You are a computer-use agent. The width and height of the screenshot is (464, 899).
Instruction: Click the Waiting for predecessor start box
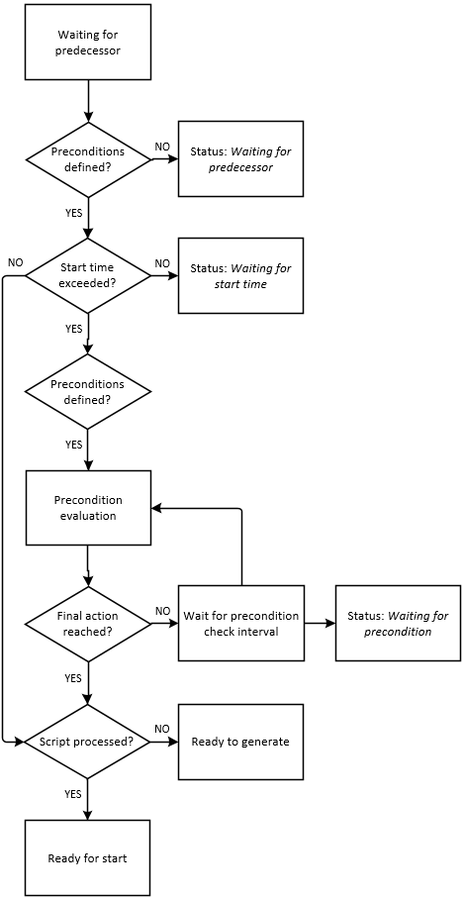click(x=88, y=43)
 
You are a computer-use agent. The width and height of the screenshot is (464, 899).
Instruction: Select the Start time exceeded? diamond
click(x=88, y=276)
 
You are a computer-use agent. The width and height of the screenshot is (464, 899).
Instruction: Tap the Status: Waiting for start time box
click(x=240, y=276)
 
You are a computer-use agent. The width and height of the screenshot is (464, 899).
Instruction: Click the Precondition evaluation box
click(x=88, y=507)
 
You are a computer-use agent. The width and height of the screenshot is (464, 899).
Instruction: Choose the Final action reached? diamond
click(x=88, y=623)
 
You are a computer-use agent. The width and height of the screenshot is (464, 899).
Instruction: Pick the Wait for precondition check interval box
click(x=240, y=623)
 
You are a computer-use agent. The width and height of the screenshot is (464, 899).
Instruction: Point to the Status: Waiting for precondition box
click(x=398, y=623)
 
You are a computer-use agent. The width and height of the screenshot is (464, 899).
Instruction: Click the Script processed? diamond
click(x=88, y=742)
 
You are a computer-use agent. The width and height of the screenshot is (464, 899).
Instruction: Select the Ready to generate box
click(x=240, y=742)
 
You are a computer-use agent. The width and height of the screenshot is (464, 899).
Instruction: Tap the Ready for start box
click(x=88, y=857)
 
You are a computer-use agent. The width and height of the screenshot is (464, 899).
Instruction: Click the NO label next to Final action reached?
click(x=162, y=610)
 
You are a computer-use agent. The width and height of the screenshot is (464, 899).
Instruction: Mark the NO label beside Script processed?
click(x=162, y=728)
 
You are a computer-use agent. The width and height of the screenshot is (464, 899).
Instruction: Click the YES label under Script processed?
click(x=73, y=795)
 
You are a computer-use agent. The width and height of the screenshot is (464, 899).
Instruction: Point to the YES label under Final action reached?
click(x=73, y=678)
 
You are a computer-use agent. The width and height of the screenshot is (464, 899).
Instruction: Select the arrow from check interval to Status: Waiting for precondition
click(x=320, y=623)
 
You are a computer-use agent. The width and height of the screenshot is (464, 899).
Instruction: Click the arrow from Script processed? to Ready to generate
click(x=164, y=742)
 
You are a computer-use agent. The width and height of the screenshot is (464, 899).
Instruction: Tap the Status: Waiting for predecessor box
click(x=240, y=158)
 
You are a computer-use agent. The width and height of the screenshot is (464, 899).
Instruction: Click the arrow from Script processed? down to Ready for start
click(x=88, y=799)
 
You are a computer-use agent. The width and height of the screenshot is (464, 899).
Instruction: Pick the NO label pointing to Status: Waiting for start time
click(x=162, y=263)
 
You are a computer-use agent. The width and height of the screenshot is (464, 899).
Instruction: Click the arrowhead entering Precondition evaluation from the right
click(x=155, y=508)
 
